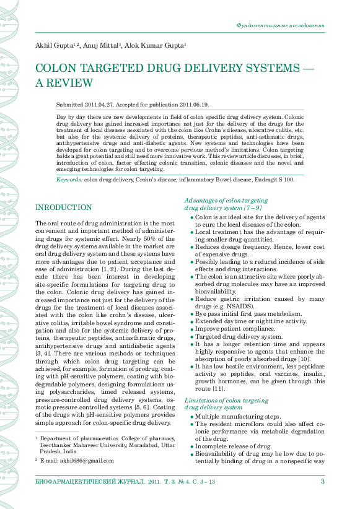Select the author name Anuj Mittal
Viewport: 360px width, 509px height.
click(102, 46)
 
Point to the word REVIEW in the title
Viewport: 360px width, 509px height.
click(70, 82)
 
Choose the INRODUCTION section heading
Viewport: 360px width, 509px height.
click(64, 207)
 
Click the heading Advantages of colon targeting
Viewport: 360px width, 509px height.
click(226, 201)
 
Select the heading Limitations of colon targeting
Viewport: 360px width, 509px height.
click(226, 401)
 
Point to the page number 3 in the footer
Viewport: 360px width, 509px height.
click(322, 481)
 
